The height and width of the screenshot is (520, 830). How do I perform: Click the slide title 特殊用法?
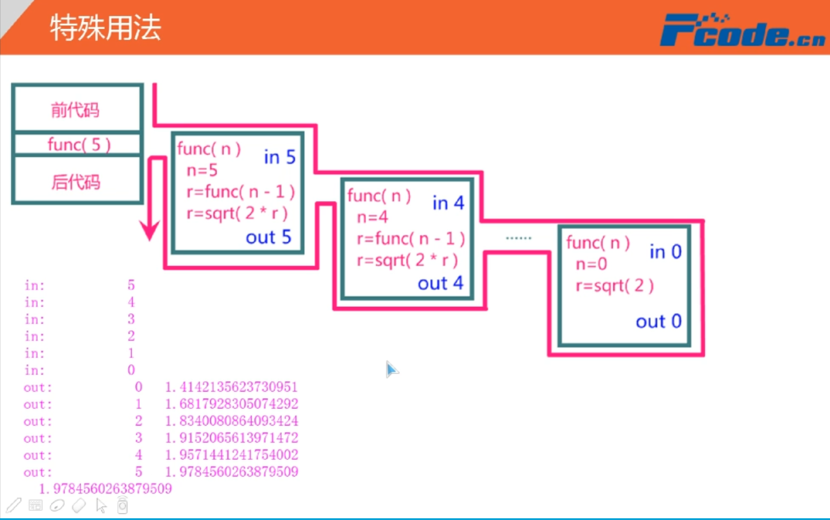(x=105, y=27)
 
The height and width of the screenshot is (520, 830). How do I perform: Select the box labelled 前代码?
(x=76, y=109)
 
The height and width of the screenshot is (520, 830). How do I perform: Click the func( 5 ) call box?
(x=78, y=144)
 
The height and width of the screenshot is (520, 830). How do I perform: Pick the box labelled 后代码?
(x=76, y=182)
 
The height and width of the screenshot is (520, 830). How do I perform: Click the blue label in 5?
(x=280, y=157)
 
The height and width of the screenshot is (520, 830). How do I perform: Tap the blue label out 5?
(x=268, y=237)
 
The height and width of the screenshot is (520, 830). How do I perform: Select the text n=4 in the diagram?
(x=372, y=217)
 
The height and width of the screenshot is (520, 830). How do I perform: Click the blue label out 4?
(x=440, y=283)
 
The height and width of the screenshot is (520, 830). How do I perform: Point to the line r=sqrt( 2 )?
(x=615, y=285)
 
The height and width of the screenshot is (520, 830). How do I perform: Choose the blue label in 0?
(x=665, y=251)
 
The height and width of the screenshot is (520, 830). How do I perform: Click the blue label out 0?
(x=658, y=321)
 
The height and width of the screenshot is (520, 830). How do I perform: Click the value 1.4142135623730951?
(x=231, y=387)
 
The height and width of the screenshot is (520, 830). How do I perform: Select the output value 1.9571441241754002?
(x=231, y=455)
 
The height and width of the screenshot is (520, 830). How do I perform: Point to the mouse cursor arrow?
(x=391, y=369)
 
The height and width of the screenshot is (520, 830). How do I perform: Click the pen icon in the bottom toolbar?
(x=14, y=505)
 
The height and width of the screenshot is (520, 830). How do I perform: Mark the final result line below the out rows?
(x=105, y=489)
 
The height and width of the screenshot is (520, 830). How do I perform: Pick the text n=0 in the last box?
(x=591, y=264)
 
